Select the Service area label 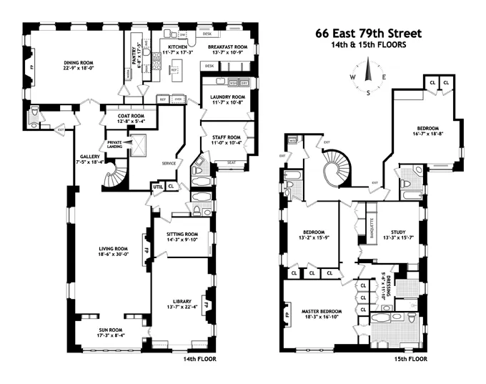coord(168,162)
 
